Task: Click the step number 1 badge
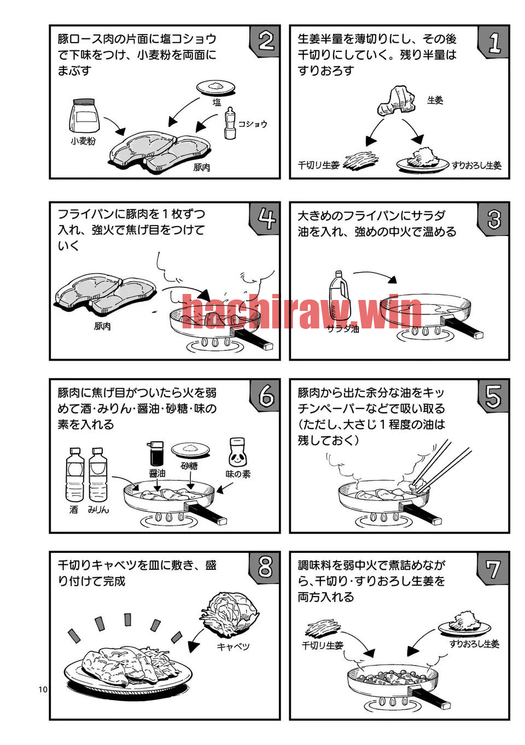[493, 42]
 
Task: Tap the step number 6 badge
[265, 395]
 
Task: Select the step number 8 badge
[265, 568]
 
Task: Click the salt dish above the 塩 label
[216, 88]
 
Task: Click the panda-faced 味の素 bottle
[237, 453]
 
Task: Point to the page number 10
[43, 689]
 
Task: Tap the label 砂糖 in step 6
[190, 466]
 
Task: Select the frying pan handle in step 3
[462, 327]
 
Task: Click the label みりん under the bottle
[98, 510]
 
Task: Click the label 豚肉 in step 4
[102, 326]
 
